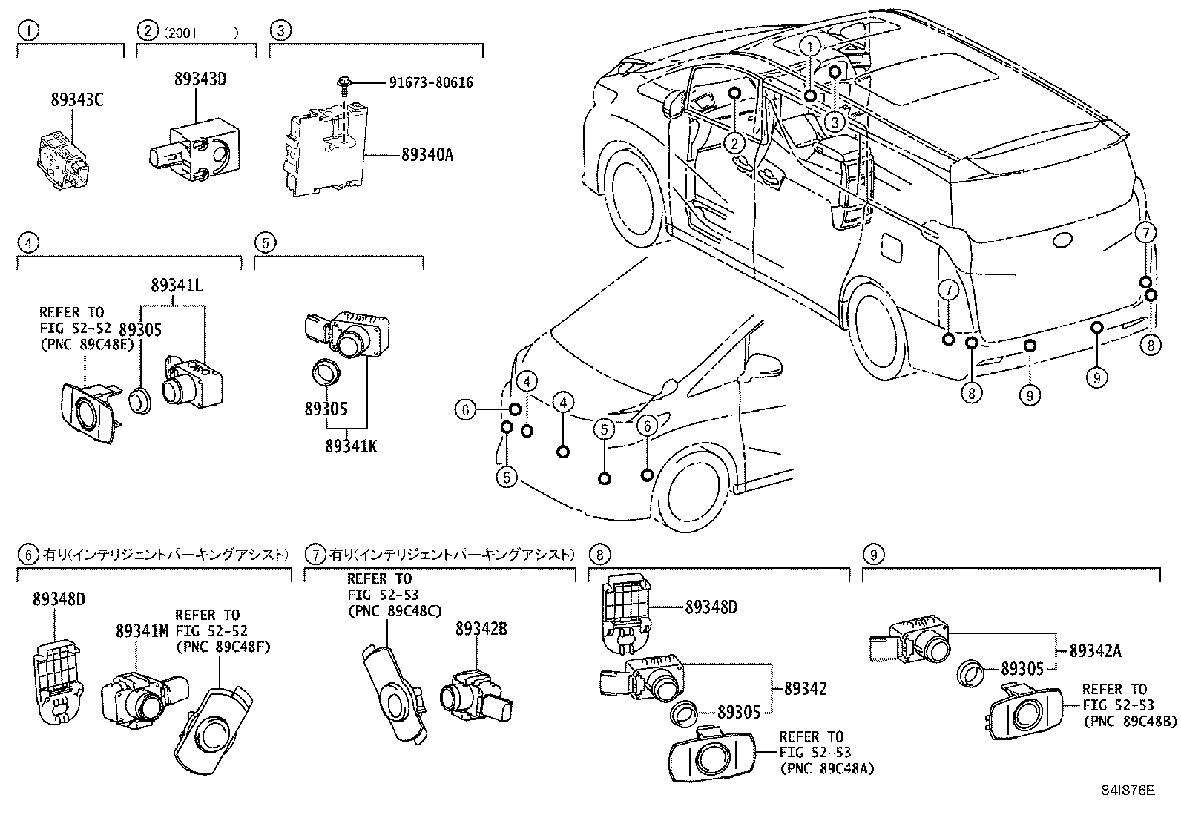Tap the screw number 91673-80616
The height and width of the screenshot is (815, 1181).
click(430, 83)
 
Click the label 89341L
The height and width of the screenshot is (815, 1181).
click(177, 285)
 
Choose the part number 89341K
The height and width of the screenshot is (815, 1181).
click(350, 446)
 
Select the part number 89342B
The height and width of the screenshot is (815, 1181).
click(481, 629)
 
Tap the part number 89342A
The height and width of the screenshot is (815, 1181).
click(1095, 651)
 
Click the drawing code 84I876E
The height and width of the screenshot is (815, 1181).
click(1128, 791)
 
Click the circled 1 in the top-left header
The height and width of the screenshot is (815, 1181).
click(27, 31)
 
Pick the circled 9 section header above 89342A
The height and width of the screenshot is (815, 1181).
click(873, 554)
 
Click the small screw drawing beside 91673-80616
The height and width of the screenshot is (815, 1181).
click(344, 83)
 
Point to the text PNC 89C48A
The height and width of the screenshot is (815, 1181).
click(826, 769)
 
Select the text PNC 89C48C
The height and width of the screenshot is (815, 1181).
click(394, 611)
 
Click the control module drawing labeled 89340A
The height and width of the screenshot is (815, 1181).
click(326, 151)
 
